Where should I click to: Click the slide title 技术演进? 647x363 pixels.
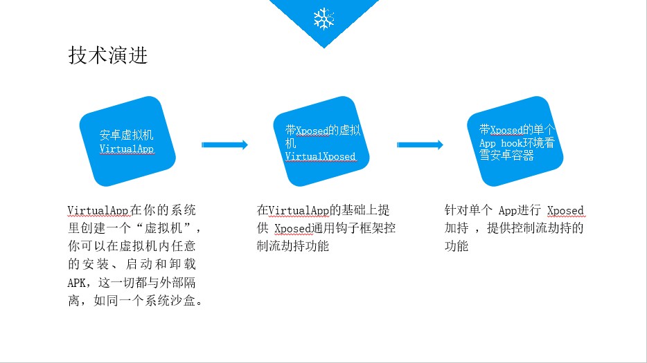point(107,55)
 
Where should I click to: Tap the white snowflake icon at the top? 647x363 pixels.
point(324,19)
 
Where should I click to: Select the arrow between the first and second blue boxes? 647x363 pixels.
point(224,145)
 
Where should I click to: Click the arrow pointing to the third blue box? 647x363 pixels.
point(420,145)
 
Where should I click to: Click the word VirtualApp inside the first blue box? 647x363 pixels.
point(127,149)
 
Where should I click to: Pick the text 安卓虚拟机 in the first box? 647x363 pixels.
point(126,135)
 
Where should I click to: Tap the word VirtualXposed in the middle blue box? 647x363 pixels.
point(320,156)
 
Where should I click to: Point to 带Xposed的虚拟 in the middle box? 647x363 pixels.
point(323,130)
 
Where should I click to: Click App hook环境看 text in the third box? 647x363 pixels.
point(517,143)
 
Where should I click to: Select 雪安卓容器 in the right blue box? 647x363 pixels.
point(506,155)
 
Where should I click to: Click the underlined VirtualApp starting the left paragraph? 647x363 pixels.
point(98,211)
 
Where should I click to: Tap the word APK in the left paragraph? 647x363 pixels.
point(77,283)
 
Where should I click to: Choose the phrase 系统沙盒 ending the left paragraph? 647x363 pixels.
point(170,301)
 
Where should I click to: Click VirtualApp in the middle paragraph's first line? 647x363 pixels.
point(299,211)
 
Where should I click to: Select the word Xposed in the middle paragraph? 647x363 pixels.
point(292,229)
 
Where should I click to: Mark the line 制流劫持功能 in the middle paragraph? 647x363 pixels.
point(293,246)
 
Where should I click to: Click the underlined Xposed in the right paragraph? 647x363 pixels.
point(565,211)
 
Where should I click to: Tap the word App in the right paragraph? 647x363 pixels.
point(508,211)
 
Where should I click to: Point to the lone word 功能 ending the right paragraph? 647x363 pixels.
point(457,246)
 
